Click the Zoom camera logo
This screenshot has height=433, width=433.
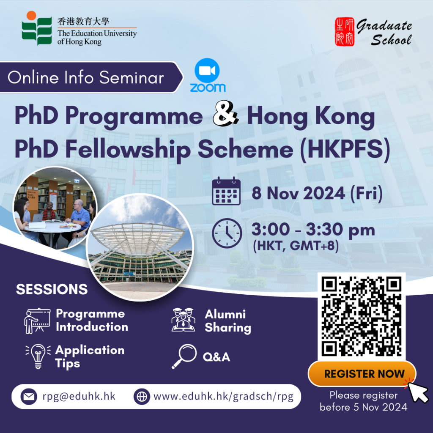[207, 71]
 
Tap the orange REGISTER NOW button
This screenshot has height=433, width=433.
[362, 374]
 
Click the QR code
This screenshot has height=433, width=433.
[362, 317]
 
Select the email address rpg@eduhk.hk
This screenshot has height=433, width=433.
[79, 396]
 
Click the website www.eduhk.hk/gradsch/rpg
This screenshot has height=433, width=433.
[223, 396]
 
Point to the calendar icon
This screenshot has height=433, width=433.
[226, 191]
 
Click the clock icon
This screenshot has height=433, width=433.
[227, 233]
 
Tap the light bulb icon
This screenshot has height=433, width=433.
[38, 356]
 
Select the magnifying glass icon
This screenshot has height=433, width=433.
[184, 356]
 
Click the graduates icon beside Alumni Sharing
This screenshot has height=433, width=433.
[184, 320]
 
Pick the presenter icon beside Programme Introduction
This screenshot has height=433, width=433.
[37, 321]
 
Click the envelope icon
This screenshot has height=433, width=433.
[29, 397]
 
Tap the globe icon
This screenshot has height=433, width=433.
[142, 397]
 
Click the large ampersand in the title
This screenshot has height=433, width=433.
[225, 113]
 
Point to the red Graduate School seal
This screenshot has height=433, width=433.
[345, 32]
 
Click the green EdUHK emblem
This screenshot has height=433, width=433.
[37, 28]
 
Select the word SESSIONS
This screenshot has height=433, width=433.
[52, 289]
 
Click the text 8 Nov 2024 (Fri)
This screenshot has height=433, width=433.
[317, 193]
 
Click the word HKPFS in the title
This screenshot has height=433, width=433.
[345, 149]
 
